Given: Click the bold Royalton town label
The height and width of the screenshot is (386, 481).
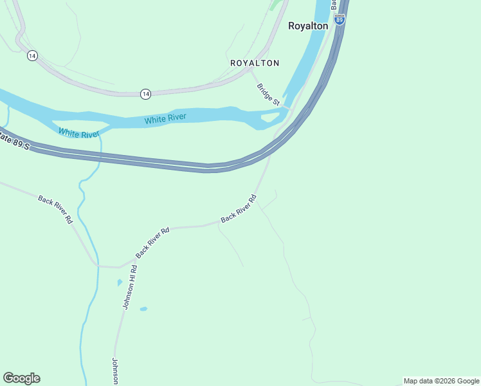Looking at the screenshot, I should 307,26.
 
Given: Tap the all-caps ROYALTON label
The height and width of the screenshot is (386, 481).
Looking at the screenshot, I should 255,63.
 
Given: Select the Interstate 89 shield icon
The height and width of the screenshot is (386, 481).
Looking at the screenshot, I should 340,20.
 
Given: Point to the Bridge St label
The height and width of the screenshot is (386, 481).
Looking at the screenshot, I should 268,95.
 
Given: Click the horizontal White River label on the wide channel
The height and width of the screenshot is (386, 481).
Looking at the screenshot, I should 165,118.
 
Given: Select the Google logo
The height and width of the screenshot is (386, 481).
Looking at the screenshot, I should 21,378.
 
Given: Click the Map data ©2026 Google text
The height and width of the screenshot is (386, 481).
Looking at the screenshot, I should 441,381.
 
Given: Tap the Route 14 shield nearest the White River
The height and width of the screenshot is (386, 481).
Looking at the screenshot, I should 146,94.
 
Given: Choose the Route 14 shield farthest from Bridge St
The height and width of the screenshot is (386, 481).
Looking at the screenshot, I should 32,56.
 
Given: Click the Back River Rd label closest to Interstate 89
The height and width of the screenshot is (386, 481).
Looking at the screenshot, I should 239,208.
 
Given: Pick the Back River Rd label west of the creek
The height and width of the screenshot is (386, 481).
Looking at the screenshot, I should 55,209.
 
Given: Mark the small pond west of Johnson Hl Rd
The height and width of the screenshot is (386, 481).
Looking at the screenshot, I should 120,282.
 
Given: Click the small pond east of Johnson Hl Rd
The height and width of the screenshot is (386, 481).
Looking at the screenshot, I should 143,309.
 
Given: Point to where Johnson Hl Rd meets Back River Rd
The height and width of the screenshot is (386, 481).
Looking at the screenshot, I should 121,266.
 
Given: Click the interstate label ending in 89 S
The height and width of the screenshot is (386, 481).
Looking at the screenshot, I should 14,140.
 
